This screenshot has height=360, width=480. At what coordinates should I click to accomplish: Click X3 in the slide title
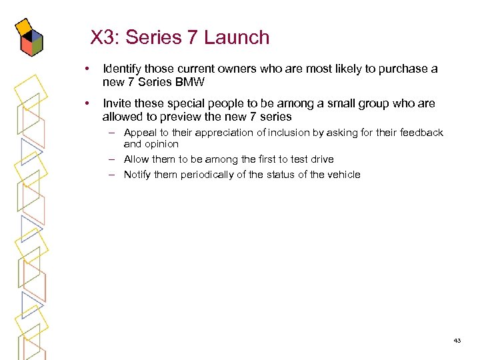103,37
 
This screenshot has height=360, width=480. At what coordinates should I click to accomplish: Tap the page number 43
457,341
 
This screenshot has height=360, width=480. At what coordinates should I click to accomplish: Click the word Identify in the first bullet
123,69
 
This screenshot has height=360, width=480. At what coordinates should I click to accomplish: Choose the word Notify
138,175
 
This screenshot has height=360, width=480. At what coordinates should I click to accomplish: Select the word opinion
161,144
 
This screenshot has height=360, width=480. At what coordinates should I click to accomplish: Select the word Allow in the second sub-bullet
136,159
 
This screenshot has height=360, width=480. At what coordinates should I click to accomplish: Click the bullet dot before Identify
87,69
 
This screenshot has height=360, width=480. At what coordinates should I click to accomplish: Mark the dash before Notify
113,175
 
